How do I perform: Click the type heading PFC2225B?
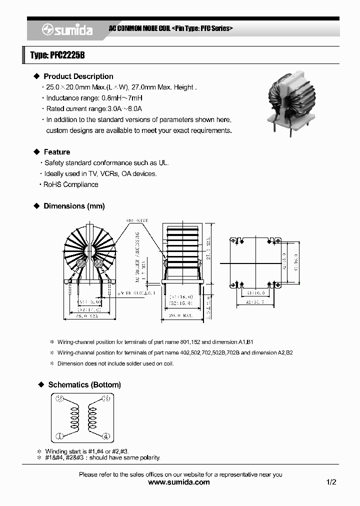coord(57,55)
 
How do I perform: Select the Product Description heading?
coord(78,76)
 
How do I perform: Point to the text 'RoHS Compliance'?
coord(70,184)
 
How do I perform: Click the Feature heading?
coord(56,152)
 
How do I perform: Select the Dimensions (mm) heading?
coord(74,206)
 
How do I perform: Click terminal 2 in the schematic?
coord(59,399)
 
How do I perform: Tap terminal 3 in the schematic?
coord(105,399)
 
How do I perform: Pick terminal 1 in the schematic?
coord(59,436)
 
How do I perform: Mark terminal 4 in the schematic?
coord(105,436)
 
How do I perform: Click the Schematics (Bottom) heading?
coord(84,384)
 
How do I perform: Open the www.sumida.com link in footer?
coord(179,482)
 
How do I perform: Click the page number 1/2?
coord(331,482)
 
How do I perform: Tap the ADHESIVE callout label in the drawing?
coord(137,220)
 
